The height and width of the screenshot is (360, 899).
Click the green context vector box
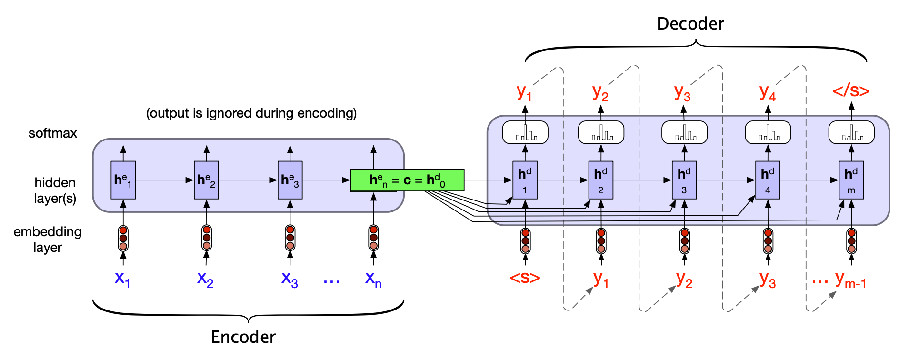407,180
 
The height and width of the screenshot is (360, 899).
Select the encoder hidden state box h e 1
123,180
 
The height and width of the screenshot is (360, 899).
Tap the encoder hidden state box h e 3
290,180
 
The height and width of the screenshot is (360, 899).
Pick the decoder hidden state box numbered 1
525,180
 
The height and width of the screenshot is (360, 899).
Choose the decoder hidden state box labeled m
851,180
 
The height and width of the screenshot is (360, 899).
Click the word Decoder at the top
690,24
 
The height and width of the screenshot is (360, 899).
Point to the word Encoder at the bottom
243,337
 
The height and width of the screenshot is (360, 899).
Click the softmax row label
52,133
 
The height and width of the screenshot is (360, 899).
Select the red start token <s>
525,278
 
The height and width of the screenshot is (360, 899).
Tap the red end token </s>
851,90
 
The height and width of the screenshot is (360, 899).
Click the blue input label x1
122,279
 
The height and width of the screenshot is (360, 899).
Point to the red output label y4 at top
767,92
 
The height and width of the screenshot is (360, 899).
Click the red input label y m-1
850,280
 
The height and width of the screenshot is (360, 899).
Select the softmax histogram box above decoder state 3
684,132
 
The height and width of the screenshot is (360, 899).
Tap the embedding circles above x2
206,238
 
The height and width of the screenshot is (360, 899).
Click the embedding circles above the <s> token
525,241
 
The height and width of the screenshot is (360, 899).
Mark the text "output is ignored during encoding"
251,113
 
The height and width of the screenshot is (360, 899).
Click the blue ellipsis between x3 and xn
331,281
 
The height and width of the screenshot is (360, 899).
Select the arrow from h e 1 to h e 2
164,180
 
